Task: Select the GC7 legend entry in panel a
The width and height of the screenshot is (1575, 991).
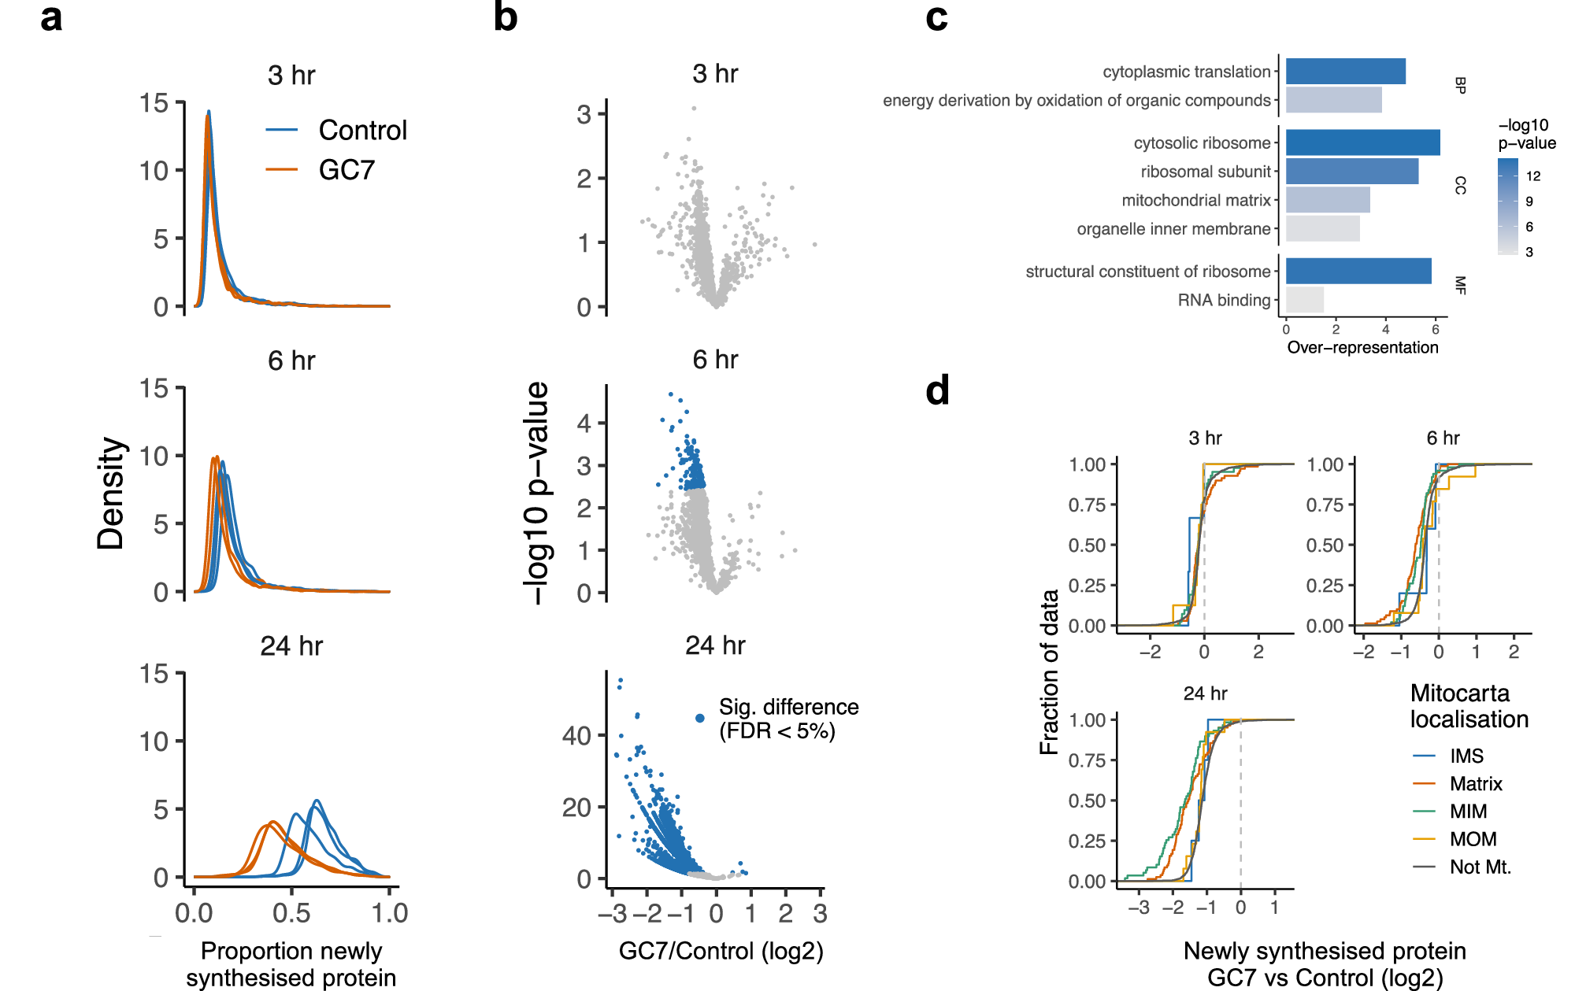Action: pyautogui.click(x=346, y=170)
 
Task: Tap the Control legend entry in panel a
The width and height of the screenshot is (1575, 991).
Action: pyautogui.click(x=361, y=130)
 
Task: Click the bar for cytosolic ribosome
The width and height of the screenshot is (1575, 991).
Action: pyautogui.click(x=1362, y=142)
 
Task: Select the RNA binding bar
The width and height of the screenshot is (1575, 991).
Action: pyautogui.click(x=1304, y=300)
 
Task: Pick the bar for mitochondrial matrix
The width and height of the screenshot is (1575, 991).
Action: pyautogui.click(x=1328, y=200)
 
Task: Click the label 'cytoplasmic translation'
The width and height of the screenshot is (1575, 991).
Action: pyautogui.click(x=1186, y=72)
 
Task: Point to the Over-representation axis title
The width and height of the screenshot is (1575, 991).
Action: pyautogui.click(x=1362, y=347)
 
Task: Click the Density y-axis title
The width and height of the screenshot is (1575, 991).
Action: pyautogui.click(x=111, y=493)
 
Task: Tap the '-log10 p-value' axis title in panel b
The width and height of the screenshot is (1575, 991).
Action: pyautogui.click(x=536, y=493)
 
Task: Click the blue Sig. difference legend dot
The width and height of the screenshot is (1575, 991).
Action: pyautogui.click(x=699, y=718)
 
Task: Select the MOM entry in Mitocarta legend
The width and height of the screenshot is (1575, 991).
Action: pyautogui.click(x=1472, y=839)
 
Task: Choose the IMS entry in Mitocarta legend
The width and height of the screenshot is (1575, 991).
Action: pyautogui.click(x=1466, y=756)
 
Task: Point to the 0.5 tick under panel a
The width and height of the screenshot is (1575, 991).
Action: pyautogui.click(x=291, y=912)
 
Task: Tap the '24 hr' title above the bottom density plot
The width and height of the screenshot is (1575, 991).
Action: pyautogui.click(x=291, y=646)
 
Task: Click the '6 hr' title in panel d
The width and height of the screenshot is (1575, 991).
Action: pyautogui.click(x=1443, y=438)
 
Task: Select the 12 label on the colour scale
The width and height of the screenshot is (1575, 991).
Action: pyautogui.click(x=1532, y=176)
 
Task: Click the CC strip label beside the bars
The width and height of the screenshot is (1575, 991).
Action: pyautogui.click(x=1459, y=186)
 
